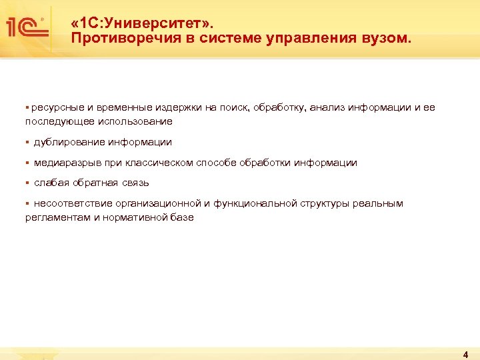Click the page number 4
tap(465, 354)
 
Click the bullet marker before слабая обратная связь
tap(27, 183)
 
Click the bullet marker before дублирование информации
tap(27, 142)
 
